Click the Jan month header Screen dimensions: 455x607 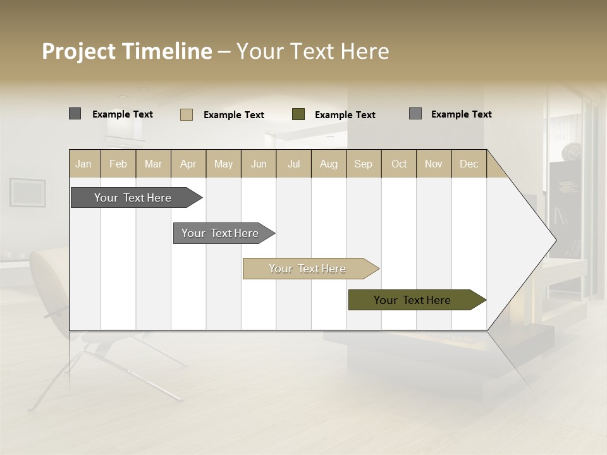coord(84,164)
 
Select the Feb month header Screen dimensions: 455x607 coord(118,164)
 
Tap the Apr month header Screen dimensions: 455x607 coord(188,164)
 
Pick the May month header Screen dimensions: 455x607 coord(223,164)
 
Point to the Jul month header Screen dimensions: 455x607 coord(293,164)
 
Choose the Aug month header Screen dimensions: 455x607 coord(328,164)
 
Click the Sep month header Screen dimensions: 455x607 coord(363,164)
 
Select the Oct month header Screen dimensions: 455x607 coord(399,164)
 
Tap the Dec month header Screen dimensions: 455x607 coord(469,164)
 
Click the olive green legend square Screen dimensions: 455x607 coord(298,114)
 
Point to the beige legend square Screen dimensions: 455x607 coord(187,114)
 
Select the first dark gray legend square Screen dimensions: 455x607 coord(75,114)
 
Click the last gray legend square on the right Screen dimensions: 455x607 coord(415,114)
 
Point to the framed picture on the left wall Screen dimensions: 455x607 coord(27,192)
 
